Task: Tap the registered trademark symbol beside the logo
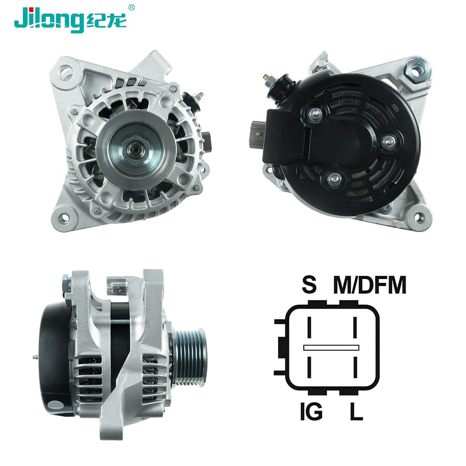[x=131, y=7]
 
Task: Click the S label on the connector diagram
[x=309, y=285]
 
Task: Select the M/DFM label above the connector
[x=370, y=285]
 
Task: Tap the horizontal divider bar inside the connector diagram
[x=331, y=348]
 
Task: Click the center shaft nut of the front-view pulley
[x=135, y=150]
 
